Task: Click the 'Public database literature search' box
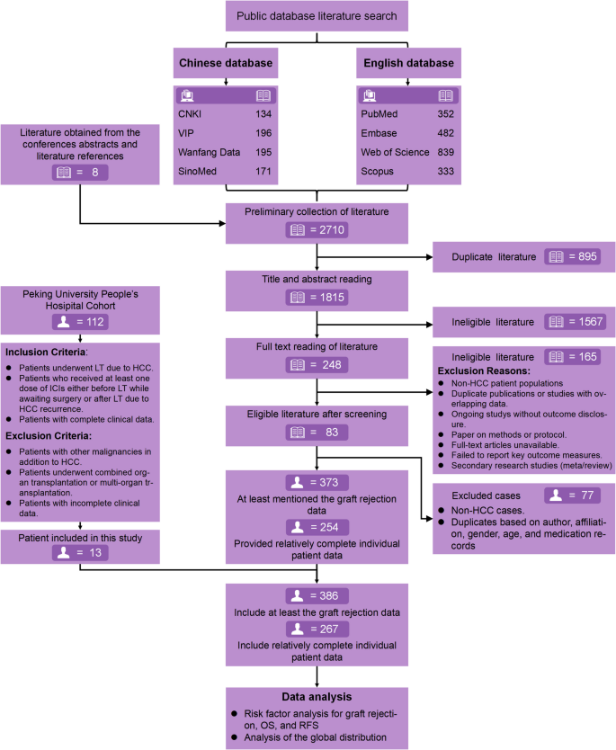tap(317, 17)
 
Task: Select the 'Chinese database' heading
tap(224, 63)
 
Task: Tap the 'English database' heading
tap(409, 63)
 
